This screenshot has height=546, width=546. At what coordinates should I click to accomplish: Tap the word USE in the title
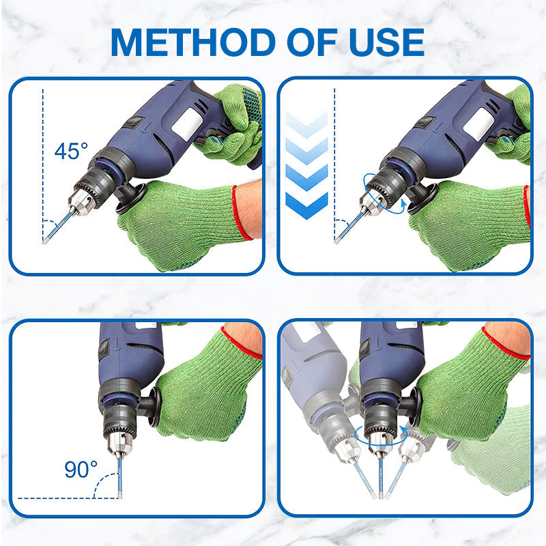click(386, 42)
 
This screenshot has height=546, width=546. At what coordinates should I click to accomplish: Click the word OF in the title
click(313, 42)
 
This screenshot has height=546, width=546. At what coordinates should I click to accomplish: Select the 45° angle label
click(71, 151)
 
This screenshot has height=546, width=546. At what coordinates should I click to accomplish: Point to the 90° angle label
click(81, 469)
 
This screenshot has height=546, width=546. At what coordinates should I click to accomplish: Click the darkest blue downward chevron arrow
click(306, 206)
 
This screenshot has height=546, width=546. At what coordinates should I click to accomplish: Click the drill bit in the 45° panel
click(57, 227)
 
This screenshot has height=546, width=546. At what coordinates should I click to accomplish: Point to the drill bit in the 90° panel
click(120, 477)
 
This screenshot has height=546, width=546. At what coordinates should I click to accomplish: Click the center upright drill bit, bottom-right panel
click(381, 478)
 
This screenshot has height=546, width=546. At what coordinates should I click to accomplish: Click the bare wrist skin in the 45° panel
click(250, 208)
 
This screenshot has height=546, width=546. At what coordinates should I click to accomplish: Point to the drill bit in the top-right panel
click(349, 227)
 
